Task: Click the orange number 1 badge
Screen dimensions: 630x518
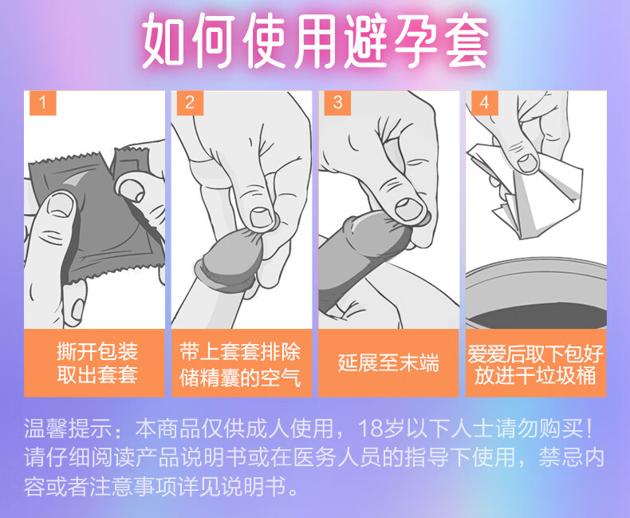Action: pyautogui.click(x=42, y=103)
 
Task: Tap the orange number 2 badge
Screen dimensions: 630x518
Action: pyautogui.click(x=190, y=103)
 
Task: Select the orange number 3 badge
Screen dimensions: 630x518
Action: pyautogui.click(x=337, y=103)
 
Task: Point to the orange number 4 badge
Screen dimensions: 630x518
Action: pyautogui.click(x=485, y=103)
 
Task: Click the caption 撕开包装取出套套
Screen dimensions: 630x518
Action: pyautogui.click(x=97, y=363)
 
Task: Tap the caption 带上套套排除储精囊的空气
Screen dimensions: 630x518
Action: pyautogui.click(x=240, y=365)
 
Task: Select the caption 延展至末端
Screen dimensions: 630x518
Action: pyautogui.click(x=388, y=362)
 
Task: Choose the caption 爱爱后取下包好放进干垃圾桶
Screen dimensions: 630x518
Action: pyautogui.click(x=535, y=365)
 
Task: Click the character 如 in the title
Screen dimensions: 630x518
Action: pyautogui.click(x=167, y=41)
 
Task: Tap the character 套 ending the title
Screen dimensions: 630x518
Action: pyautogui.click(x=462, y=41)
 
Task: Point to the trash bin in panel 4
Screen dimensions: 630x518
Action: pyautogui.click(x=536, y=294)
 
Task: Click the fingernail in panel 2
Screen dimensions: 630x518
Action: pyautogui.click(x=262, y=218)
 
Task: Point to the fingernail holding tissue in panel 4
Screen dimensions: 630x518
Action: pyautogui.click(x=528, y=163)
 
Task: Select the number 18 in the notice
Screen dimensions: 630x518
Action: pyautogui.click(x=370, y=429)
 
